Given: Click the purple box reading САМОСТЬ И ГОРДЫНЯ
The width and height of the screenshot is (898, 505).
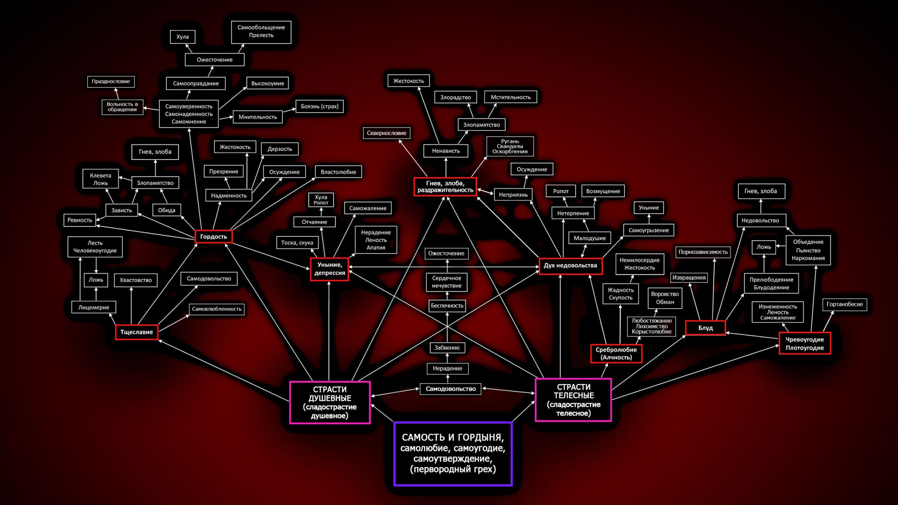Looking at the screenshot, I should [453, 454].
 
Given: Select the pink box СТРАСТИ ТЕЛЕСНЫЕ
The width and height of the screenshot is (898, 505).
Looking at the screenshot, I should [573, 400].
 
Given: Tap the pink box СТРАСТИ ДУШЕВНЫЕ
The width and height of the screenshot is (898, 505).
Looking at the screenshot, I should [330, 402].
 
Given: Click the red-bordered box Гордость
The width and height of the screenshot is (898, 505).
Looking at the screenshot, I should [214, 237].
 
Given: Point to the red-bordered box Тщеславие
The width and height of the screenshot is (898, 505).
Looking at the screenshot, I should [136, 332].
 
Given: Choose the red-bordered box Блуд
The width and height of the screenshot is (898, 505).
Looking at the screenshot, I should [705, 328].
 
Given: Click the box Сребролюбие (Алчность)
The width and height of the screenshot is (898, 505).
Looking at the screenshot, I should [616, 353].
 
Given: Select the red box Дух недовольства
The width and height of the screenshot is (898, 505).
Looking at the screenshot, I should [570, 266].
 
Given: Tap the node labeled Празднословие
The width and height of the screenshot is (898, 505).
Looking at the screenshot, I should [110, 82].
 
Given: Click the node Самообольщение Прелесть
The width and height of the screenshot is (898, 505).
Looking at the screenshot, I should [261, 31].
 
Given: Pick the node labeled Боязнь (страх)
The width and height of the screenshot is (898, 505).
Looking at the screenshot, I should [320, 106].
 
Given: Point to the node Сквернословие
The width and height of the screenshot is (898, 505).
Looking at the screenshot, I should [386, 133].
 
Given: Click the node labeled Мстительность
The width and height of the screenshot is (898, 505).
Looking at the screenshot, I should [510, 97].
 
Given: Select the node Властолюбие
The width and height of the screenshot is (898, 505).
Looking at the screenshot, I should [338, 172].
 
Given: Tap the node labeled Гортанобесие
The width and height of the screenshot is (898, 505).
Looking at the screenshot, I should [845, 304].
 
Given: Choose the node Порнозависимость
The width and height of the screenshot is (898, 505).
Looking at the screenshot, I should [703, 252].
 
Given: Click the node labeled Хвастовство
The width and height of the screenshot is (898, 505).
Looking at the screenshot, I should [135, 280].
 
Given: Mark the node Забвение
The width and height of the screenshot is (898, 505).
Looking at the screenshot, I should [447, 348].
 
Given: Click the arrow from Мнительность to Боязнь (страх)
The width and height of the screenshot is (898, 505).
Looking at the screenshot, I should [289, 111].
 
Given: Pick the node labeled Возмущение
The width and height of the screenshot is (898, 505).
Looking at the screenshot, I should [603, 191].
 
